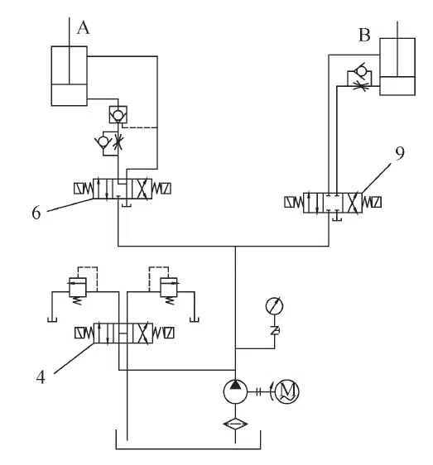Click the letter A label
pyautogui.click(x=83, y=28)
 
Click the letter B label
pyautogui.click(x=364, y=35)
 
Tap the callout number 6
pyautogui.click(x=36, y=213)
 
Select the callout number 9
pyautogui.click(x=400, y=153)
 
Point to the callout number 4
pyautogui.click(x=41, y=377)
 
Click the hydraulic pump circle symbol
pyautogui.click(x=235, y=391)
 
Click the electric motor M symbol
pyautogui.click(x=287, y=391)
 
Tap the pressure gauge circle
pyautogui.click(x=274, y=306)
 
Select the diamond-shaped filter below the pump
pyautogui.click(x=235, y=424)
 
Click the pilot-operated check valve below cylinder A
pyautogui.click(x=118, y=114)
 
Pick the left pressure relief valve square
pyautogui.click(x=78, y=287)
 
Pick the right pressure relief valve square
pyautogui.click(x=169, y=287)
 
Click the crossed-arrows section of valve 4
pyautogui.click(x=142, y=333)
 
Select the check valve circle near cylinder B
pyautogui.click(x=361, y=71)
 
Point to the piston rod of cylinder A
pyautogui.click(x=70, y=50)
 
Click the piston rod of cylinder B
pyautogui.click(x=397, y=49)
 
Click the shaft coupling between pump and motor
pyautogui.click(x=258, y=391)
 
